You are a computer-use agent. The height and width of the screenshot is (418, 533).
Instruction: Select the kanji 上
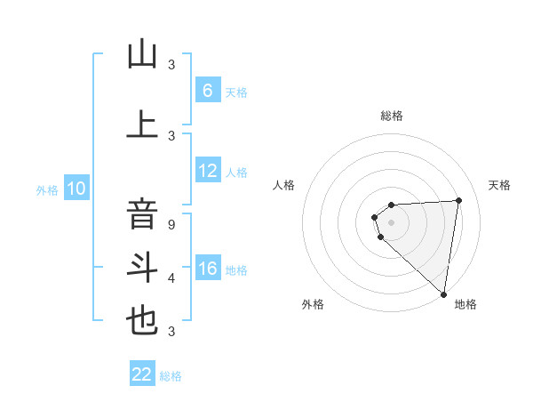coord(142,124)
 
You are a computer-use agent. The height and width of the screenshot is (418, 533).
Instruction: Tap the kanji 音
coord(142,214)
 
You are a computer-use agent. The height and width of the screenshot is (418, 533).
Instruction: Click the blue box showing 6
coord(207,91)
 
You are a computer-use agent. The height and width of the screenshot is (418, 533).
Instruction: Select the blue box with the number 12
coord(207,172)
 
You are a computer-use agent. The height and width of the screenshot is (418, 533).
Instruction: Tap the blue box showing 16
coord(207,269)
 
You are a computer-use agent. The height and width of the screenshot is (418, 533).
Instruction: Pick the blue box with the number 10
coord(76,189)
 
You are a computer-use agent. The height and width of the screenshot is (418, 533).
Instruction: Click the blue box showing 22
coord(142,374)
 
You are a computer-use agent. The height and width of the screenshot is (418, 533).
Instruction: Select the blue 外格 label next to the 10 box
coord(46,189)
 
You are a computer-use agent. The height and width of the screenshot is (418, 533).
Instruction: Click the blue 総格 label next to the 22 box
coord(171,375)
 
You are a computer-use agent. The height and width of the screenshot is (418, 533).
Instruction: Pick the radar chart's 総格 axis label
coord(391,116)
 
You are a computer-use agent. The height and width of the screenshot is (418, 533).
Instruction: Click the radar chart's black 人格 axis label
coord(283,185)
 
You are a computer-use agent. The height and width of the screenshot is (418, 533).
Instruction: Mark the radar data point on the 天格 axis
coord(458,200)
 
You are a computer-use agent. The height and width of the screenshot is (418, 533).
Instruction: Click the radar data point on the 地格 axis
coord(443,293)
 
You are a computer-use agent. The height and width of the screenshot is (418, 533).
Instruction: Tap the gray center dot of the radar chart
coord(391,221)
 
